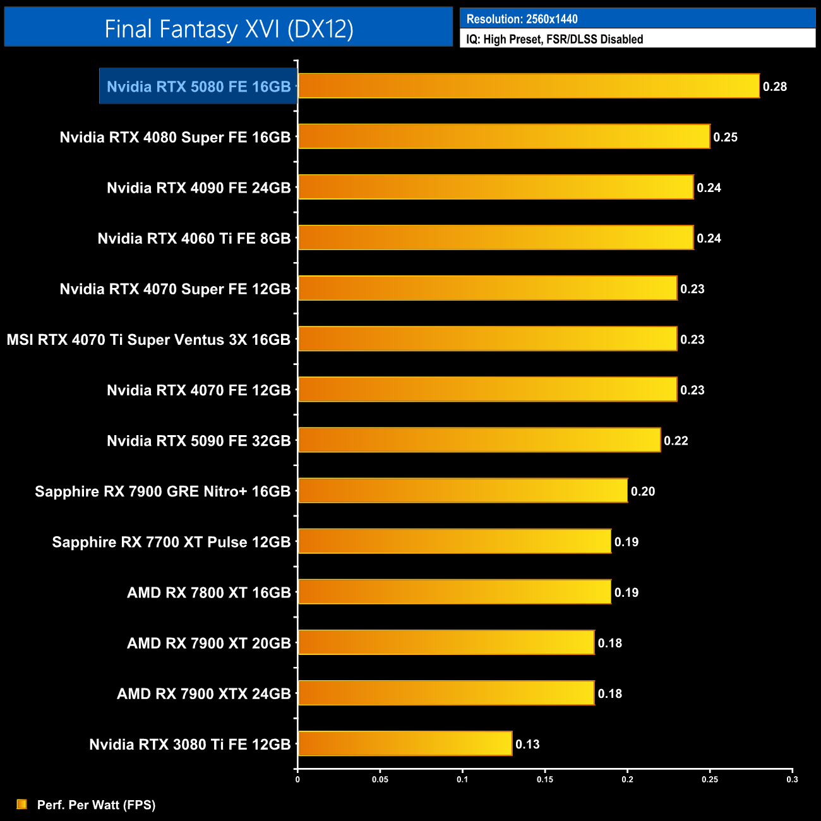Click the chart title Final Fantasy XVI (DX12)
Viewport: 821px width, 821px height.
pyautogui.click(x=229, y=28)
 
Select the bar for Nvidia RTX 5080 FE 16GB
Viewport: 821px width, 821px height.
pyautogui.click(x=528, y=86)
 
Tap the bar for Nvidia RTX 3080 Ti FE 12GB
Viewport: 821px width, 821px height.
pyautogui.click(x=404, y=743)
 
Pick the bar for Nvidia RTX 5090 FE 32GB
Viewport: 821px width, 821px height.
pyautogui.click(x=479, y=440)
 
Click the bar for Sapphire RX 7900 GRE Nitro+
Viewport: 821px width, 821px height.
pyautogui.click(x=462, y=491)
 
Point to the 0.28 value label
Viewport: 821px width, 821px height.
pyautogui.click(x=775, y=87)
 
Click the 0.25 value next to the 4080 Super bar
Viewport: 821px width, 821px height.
pyautogui.click(x=725, y=137)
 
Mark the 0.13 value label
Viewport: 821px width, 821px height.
pyautogui.click(x=527, y=744)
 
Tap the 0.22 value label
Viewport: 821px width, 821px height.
pyautogui.click(x=676, y=441)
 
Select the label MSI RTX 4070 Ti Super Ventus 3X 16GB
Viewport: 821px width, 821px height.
pyautogui.click(x=149, y=340)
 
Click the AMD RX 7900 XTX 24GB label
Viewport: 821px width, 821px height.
pyautogui.click(x=204, y=693)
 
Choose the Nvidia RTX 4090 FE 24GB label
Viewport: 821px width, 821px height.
pyautogui.click(x=199, y=188)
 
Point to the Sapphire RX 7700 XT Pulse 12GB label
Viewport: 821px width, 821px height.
pyautogui.click(x=171, y=542)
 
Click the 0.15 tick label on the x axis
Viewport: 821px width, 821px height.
pyautogui.click(x=545, y=779)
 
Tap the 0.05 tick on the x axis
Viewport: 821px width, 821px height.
pyautogui.click(x=380, y=779)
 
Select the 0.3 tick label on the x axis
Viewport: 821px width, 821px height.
pyautogui.click(x=792, y=779)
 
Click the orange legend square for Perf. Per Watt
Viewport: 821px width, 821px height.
pyautogui.click(x=22, y=804)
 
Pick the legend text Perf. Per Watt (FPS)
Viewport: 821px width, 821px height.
pyautogui.click(x=96, y=805)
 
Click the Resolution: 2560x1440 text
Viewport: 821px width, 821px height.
pyautogui.click(x=522, y=19)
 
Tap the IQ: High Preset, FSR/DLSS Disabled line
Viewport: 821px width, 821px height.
pyautogui.click(x=554, y=39)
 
